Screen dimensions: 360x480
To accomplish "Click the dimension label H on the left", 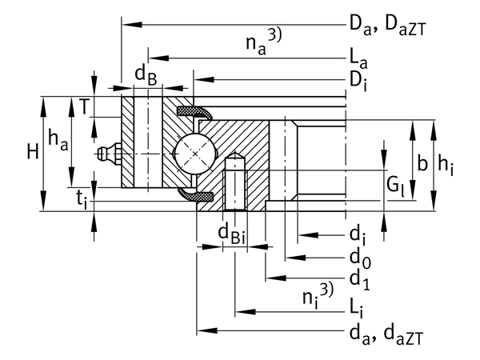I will (32, 152).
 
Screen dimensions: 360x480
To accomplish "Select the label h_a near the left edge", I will (58, 140).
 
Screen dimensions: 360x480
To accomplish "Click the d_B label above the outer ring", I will (145, 74).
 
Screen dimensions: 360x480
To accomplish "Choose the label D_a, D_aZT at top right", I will (387, 26).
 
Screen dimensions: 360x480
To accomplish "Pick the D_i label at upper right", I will (358, 79).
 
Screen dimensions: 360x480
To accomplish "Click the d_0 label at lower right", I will (358, 259).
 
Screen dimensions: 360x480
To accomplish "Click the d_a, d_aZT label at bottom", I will (387, 332).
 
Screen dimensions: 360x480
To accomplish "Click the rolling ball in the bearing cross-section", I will (194, 151).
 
